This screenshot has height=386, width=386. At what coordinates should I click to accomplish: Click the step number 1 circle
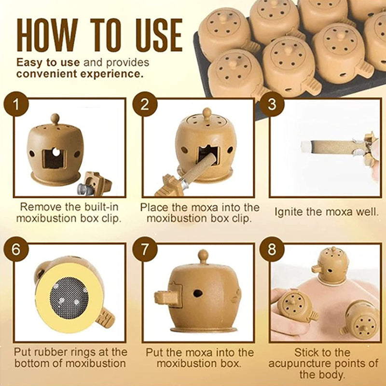tap(16, 104)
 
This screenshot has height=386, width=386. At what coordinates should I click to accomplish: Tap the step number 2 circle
tap(145, 104)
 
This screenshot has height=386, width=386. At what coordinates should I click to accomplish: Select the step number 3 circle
tap(272, 104)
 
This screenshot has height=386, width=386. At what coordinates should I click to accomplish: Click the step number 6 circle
tap(16, 249)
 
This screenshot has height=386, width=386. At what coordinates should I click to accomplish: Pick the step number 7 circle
tap(145, 249)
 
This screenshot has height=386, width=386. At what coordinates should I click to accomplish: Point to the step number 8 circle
tap(272, 249)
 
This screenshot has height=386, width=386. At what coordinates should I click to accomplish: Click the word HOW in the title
tap(47, 35)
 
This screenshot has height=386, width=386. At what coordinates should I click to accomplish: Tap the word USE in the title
tap(159, 35)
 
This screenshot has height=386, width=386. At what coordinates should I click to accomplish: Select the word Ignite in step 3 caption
tap(288, 212)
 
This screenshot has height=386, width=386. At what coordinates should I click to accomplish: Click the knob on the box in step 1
tap(55, 119)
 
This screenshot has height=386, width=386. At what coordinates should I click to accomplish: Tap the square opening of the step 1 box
tap(54, 159)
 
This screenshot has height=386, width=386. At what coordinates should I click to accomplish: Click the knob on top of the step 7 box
tap(203, 257)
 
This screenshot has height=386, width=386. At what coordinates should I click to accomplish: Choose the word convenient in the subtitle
tap(47, 74)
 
